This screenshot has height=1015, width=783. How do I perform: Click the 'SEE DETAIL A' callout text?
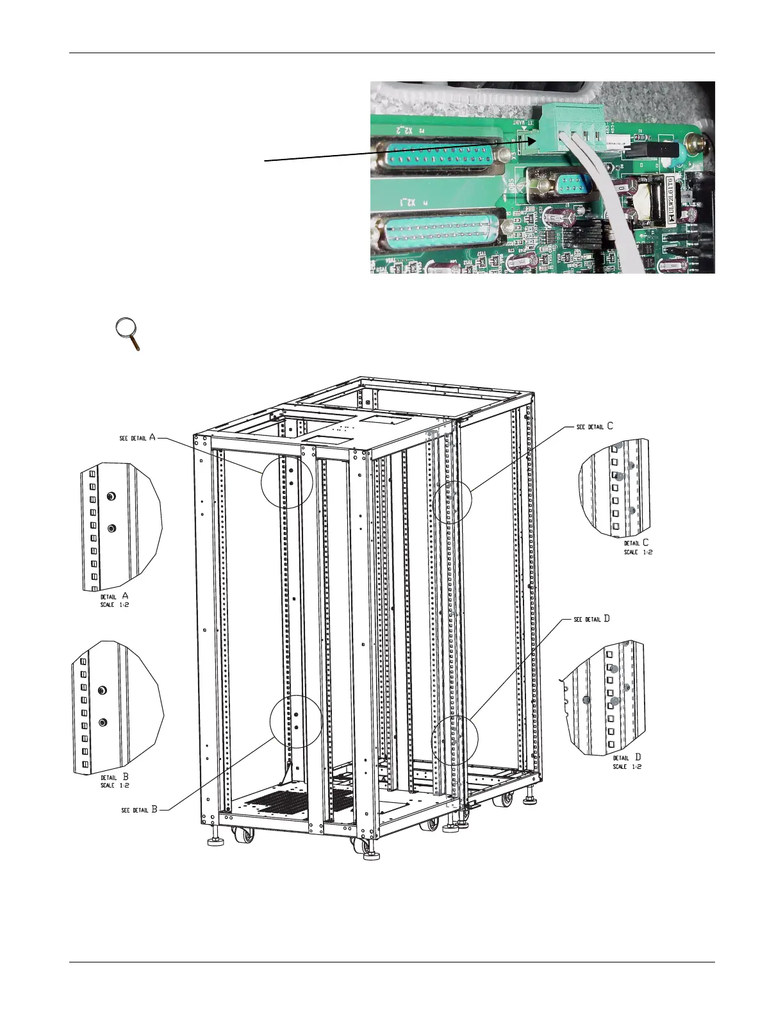click(x=137, y=438)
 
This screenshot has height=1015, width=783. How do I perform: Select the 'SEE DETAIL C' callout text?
click(x=595, y=426)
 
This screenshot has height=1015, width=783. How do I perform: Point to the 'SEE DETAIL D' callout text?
click(x=591, y=619)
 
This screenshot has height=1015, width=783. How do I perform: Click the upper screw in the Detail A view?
click(x=112, y=497)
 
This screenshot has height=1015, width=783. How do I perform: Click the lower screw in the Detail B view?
click(x=103, y=722)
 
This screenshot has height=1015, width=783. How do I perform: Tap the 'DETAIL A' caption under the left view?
click(x=114, y=596)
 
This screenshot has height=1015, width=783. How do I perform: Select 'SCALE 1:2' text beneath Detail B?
click(x=115, y=785)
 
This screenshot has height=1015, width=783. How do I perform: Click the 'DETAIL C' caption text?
click(x=636, y=543)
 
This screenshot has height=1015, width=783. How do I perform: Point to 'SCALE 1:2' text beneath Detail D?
click(x=627, y=766)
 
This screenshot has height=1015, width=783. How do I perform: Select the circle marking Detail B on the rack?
click(x=295, y=721)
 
